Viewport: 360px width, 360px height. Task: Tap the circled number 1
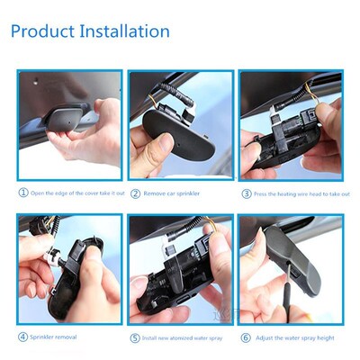click(22, 192)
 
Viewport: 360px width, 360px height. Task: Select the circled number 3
click(246, 193)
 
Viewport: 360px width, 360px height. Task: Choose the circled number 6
click(246, 337)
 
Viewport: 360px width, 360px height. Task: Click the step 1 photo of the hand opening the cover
click(69, 126)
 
